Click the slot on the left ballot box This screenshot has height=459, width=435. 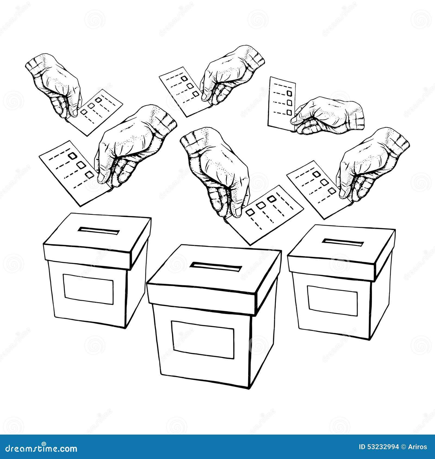[x=98, y=231]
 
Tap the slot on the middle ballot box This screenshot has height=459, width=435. [x=216, y=266]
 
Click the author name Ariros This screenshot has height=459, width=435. [x=419, y=447]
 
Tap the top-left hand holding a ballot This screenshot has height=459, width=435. [x=56, y=84]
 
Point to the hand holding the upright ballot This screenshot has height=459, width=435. [x=329, y=115]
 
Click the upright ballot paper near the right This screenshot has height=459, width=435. [x=281, y=102]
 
